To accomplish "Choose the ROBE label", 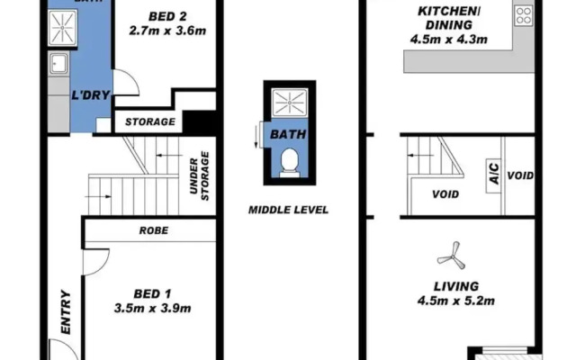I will (153, 230).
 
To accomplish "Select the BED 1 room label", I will (153, 293).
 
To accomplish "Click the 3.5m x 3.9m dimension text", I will (153, 308).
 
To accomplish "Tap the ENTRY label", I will (65, 312).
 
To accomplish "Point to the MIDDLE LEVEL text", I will (288, 210).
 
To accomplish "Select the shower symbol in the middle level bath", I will (287, 104).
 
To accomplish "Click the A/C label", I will (494, 177).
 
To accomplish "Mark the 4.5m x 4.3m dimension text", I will (447, 39).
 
